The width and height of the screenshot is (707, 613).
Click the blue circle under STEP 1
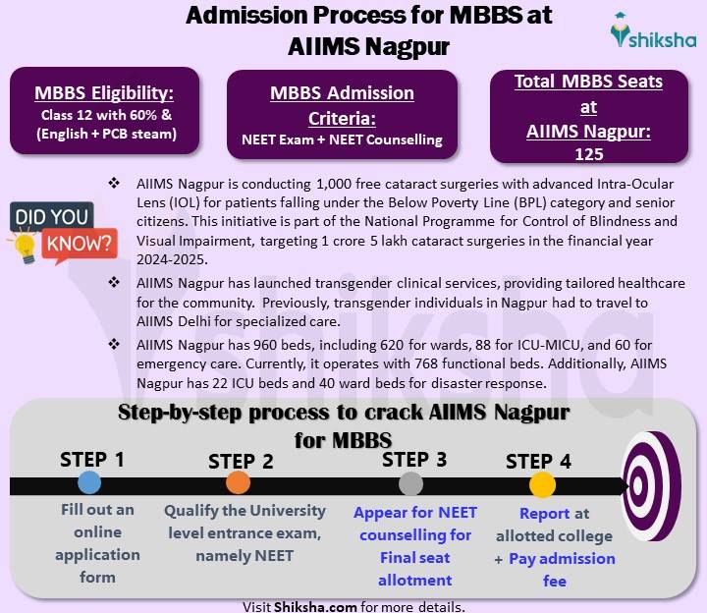pos(89,481)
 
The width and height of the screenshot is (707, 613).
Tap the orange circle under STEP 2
pos(238,482)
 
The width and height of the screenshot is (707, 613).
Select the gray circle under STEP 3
pos(411,482)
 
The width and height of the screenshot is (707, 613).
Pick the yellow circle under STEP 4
pos(542,483)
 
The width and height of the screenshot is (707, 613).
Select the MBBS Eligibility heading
pos(104,93)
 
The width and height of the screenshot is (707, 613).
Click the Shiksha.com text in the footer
pos(315,606)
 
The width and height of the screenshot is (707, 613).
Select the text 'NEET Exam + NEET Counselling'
pos(342,139)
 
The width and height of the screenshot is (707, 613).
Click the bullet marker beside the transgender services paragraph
pos(114,284)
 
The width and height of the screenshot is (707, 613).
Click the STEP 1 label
pos(92,459)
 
